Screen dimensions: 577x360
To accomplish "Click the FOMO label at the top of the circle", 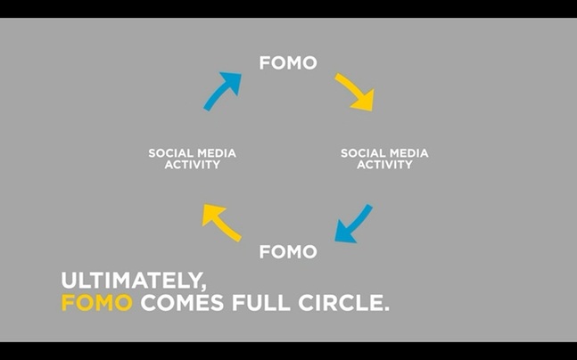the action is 288,63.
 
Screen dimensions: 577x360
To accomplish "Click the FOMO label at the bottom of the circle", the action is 288,252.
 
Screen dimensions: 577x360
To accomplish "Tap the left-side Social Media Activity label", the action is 192,159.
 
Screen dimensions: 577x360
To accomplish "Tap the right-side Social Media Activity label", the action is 384,159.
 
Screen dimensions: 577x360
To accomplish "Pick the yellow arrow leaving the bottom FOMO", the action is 220,222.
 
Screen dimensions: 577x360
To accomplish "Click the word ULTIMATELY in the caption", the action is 130,281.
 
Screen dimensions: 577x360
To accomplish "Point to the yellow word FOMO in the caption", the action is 97,303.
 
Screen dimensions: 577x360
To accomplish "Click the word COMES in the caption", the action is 182,303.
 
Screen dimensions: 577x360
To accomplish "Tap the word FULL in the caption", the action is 261,303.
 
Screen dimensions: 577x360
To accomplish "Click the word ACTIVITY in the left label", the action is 192,164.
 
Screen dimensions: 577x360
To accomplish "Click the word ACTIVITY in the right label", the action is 384,164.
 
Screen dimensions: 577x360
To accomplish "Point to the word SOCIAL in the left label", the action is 169,153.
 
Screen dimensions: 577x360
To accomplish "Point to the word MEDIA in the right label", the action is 408,153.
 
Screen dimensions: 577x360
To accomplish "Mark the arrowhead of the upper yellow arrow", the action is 365,101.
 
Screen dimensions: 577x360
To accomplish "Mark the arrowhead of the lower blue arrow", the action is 344,233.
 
